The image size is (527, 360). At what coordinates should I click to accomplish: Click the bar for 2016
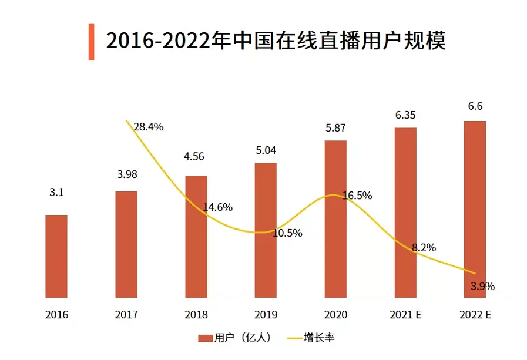pos(56,257)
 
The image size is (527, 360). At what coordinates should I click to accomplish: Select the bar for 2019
pos(266,230)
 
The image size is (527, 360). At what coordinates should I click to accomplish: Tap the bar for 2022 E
pos(475,210)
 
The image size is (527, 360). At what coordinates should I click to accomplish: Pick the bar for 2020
pos(335,219)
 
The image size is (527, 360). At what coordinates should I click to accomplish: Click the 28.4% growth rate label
pos(148,126)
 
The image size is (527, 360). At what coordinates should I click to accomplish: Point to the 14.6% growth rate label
pos(218,207)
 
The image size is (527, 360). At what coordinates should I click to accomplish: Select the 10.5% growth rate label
pos(287,233)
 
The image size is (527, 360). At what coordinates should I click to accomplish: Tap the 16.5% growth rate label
pos(357,196)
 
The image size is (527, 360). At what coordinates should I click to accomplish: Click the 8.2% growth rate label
pos(424,248)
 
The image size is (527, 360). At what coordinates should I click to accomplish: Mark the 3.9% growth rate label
pos(483,287)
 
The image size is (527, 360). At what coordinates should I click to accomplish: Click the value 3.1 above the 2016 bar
pos(56,193)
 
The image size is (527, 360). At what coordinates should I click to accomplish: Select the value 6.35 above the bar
pos(405,115)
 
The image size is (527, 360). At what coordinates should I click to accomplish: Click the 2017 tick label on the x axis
pos(126,315)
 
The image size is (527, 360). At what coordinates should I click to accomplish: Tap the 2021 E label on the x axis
pos(405,315)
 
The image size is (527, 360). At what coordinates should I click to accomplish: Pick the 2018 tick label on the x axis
pos(196,315)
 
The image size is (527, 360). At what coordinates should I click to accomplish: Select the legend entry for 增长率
pos(311,338)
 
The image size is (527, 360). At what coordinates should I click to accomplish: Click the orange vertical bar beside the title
pos(91,42)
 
